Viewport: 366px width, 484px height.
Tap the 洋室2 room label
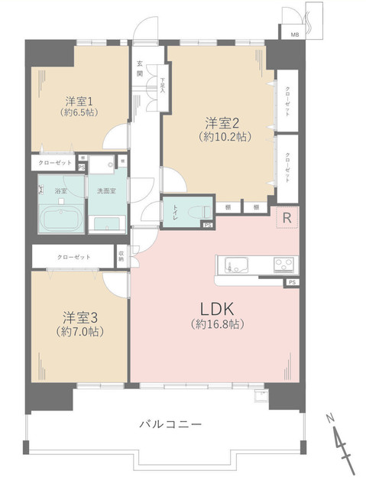219,123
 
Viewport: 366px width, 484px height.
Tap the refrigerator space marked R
287,218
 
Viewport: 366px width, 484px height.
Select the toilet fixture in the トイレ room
192,209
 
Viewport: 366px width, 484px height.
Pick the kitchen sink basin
235,266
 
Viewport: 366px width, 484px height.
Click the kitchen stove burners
284,266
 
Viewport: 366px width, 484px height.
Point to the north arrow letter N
330,419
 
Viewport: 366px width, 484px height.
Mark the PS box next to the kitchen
292,283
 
